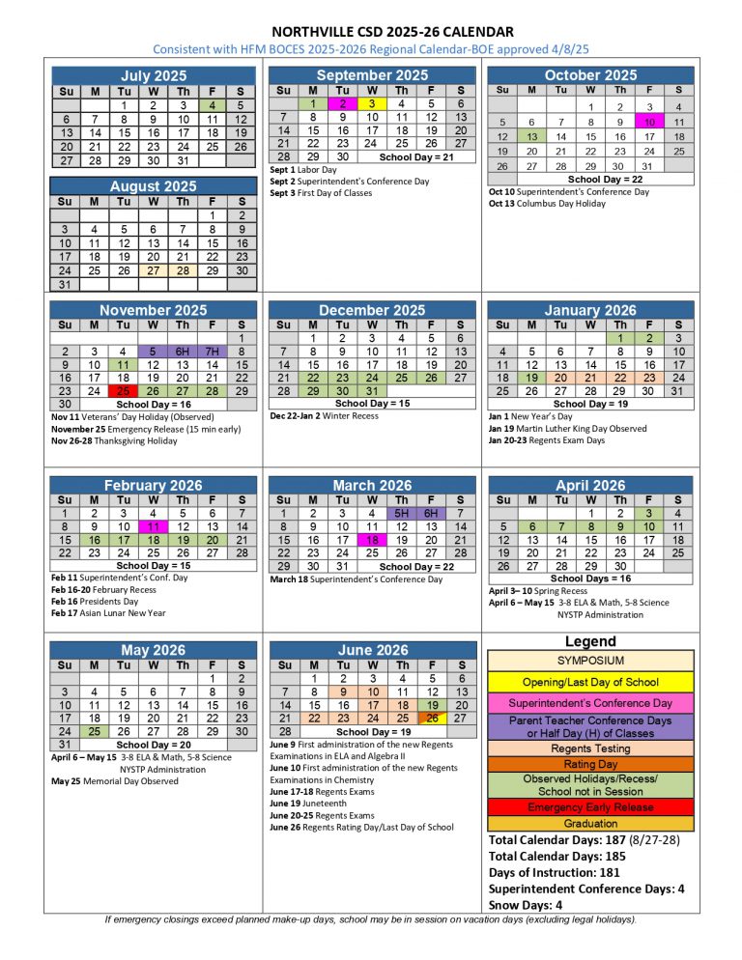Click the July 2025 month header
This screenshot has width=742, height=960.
[153, 75]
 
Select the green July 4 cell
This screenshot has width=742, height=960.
[212, 104]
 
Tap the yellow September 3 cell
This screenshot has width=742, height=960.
[372, 104]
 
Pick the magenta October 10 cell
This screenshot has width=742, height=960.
[649, 122]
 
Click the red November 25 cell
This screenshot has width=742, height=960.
[123, 391]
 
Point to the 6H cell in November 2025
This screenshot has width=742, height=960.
[183, 352]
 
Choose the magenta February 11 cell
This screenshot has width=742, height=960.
[153, 526]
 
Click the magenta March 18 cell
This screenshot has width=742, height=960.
[372, 540]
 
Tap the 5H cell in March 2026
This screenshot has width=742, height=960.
[402, 513]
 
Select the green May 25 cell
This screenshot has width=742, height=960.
[94, 731]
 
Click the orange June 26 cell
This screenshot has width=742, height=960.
[432, 718]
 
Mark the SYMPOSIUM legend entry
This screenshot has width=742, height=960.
[589, 661]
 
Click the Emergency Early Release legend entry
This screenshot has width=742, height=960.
[589, 807]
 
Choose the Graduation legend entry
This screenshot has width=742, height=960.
[589, 823]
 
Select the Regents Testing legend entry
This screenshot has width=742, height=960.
[589, 748]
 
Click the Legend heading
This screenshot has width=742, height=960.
[589, 641]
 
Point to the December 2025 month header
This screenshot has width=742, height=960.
[372, 310]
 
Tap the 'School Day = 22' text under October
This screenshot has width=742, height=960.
[590, 179]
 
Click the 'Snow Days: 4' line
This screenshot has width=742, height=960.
[526, 905]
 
